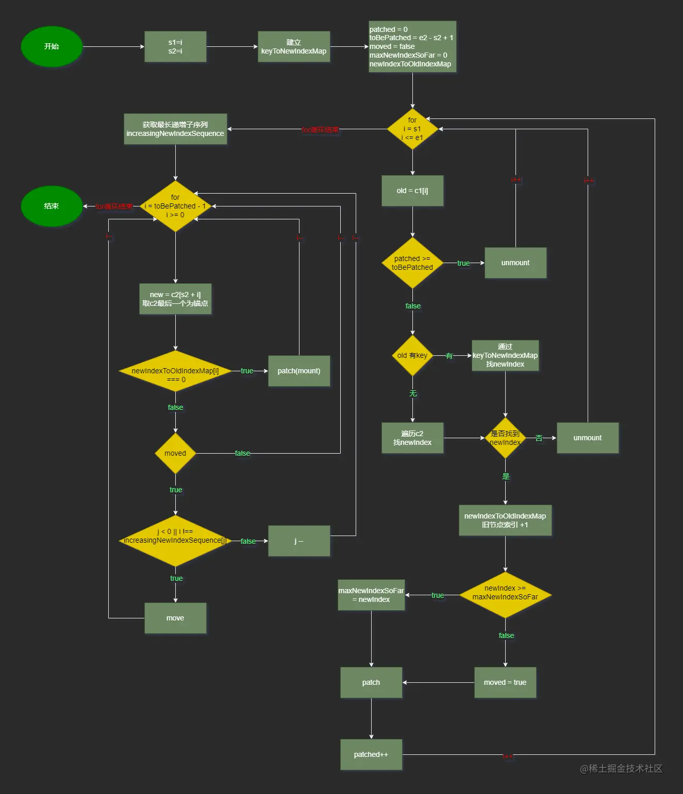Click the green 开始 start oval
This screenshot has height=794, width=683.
pyautogui.click(x=52, y=46)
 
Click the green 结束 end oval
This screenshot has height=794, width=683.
pyautogui.click(x=52, y=206)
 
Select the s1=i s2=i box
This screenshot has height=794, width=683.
pyautogui.click(x=175, y=46)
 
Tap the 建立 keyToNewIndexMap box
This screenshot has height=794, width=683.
pyautogui.click(x=294, y=46)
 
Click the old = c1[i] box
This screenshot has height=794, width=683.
pyautogui.click(x=412, y=191)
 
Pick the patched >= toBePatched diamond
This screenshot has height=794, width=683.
pyautogui.click(x=412, y=263)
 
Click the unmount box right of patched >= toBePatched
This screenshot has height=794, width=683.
pyautogui.click(x=515, y=263)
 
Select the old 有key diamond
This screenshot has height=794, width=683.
pyautogui.click(x=412, y=355)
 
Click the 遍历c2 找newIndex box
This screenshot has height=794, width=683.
pyautogui.click(x=412, y=438)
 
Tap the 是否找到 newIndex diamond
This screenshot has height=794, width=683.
pyautogui.click(x=505, y=438)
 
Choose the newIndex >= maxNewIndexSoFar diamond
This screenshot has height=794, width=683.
pyautogui.click(x=505, y=595)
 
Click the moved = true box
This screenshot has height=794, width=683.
pyautogui.click(x=505, y=682)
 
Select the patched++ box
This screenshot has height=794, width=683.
pyautogui.click(x=371, y=754)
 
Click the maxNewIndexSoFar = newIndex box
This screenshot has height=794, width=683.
pyautogui.click(x=371, y=595)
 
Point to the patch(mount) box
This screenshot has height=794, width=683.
pyautogui.click(x=299, y=371)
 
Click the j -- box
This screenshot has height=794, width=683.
pyautogui.click(x=299, y=541)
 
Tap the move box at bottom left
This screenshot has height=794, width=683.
pyautogui.click(x=175, y=618)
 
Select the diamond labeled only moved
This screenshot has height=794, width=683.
pyautogui.click(x=175, y=453)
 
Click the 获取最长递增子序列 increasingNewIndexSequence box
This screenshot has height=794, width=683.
pyautogui.click(x=175, y=129)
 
